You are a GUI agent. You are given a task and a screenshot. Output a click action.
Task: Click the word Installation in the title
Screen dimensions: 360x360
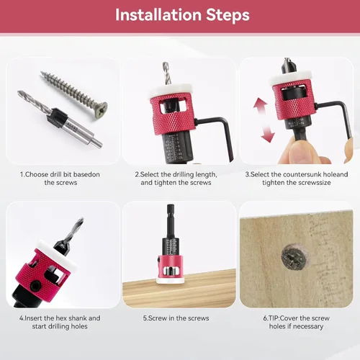tap(158, 15)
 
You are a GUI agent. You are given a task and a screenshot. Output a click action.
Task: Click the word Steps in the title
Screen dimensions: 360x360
tap(228, 16)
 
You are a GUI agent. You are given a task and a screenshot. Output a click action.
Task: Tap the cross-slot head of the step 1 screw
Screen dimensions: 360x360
tap(99, 109)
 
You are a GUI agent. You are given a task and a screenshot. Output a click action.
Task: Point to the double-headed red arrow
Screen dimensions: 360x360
tap(264, 120)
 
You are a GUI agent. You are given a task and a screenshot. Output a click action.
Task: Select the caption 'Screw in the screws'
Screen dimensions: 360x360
tap(176, 318)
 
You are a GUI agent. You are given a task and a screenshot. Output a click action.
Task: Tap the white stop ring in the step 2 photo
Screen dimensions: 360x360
tap(171, 91)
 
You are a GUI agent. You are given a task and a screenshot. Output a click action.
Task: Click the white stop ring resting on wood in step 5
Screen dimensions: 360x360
tap(171, 280)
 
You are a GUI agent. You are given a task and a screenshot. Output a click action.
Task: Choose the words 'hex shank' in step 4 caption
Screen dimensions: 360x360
tap(71, 318)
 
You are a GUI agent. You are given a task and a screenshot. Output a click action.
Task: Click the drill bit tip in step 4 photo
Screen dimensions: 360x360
tap(81, 220)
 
